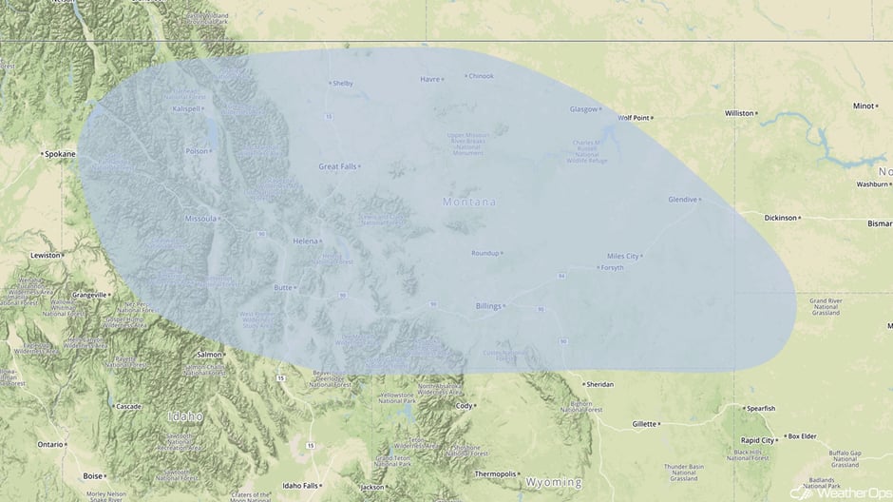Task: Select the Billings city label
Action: pyautogui.click(x=486, y=306)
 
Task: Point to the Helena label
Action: pyautogui.click(x=305, y=241)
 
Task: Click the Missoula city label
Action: pyautogui.click(x=199, y=218)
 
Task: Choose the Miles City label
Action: pyautogui.click(x=622, y=257)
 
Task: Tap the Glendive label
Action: pyautogui.click(x=682, y=200)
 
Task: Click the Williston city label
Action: pyautogui.click(x=738, y=112)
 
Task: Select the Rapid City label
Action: pyautogui.click(x=756, y=440)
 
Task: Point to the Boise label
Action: pyautogui.click(x=92, y=475)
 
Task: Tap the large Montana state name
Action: pyautogui.click(x=469, y=203)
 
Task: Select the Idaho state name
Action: pyautogui.click(x=185, y=416)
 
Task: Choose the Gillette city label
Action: pyautogui.click(x=644, y=424)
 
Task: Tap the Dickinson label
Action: pyautogui.click(x=780, y=218)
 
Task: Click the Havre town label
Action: pyautogui.click(x=430, y=79)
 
